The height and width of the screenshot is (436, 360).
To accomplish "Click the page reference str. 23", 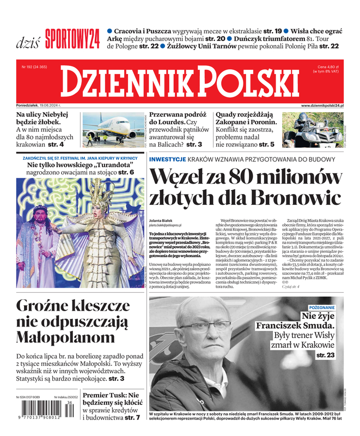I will click(325, 355).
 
